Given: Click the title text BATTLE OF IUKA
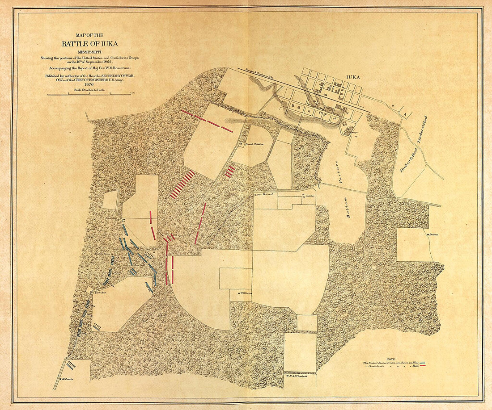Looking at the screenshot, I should click(90, 44).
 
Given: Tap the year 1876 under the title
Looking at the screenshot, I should click(90, 85).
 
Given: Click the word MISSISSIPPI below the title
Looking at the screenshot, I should click(90, 52).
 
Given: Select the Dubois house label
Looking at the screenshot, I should click(433, 234).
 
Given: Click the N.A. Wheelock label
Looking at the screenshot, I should click(297, 376).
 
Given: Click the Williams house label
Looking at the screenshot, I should click(246, 293).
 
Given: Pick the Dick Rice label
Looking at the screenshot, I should click(100, 293).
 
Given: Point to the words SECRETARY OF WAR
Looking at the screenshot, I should click(114, 76).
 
